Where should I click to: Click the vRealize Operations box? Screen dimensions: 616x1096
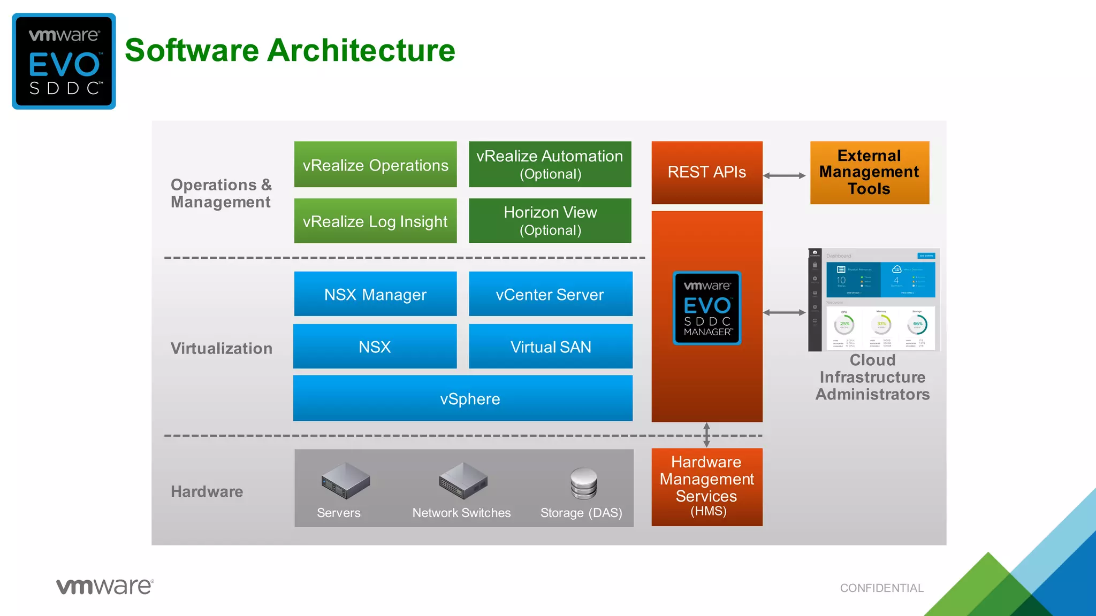click(x=375, y=165)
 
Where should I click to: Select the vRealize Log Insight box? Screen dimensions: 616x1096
click(x=375, y=221)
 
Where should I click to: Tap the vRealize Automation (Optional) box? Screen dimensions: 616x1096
click(x=550, y=164)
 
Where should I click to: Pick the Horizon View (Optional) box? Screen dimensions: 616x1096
click(x=550, y=221)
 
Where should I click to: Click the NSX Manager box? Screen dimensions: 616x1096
click(x=375, y=294)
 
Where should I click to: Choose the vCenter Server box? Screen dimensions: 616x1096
click(x=550, y=294)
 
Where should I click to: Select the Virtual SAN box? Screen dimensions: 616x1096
click(x=550, y=346)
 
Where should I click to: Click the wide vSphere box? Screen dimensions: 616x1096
click(x=463, y=398)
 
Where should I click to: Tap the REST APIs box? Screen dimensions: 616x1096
click(x=706, y=172)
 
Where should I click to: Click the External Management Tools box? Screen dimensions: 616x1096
click(x=869, y=172)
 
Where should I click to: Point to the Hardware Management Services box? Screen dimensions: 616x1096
click(x=706, y=487)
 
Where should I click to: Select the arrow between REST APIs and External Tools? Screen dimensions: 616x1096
click(x=784, y=175)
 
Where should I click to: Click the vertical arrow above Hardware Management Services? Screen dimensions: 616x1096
click(x=706, y=435)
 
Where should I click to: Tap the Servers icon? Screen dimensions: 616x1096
click(x=346, y=480)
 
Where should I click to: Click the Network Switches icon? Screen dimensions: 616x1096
click(x=463, y=480)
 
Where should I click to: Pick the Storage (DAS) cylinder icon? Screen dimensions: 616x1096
click(x=583, y=483)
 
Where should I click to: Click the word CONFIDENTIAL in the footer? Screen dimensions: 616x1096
click(x=881, y=588)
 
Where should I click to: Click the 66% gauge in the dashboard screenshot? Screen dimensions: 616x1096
click(x=917, y=324)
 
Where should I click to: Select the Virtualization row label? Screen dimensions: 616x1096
click(x=221, y=349)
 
